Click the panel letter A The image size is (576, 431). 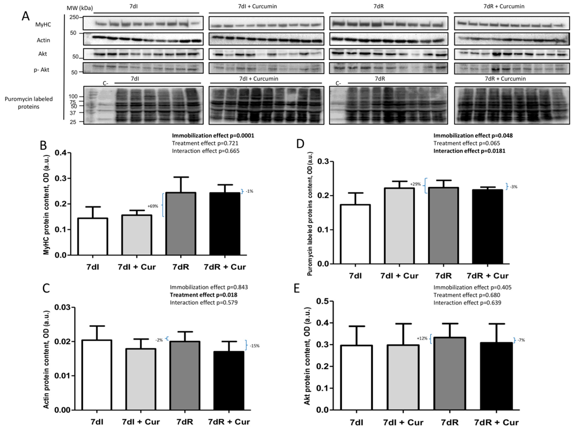coord(26,16)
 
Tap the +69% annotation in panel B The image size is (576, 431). coord(153,206)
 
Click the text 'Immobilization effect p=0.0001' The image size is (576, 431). coord(213,136)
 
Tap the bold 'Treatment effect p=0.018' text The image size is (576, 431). coord(203,295)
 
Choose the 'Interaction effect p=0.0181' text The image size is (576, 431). coord(469,151)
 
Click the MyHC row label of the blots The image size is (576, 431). coord(43,24)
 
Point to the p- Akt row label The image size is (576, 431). coord(41,70)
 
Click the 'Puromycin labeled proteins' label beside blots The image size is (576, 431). coord(29,103)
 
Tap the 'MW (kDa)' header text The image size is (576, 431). coord(80,8)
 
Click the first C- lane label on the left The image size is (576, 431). coord(105,84)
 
